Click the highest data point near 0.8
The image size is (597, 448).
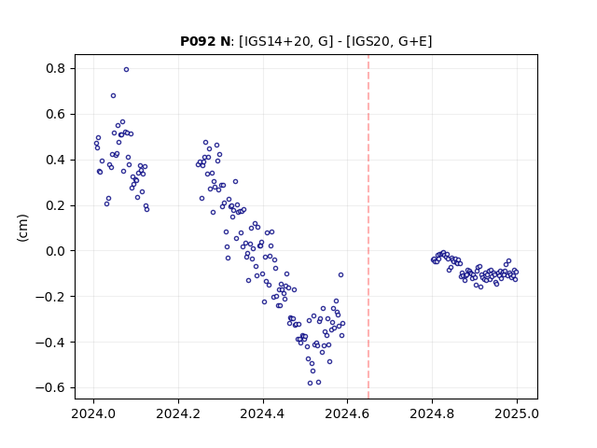[127, 69]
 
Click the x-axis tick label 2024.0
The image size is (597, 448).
[93, 413]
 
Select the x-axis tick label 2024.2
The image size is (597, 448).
[178, 413]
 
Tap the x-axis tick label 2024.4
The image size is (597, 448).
[263, 413]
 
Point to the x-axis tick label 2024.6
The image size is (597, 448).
[347, 413]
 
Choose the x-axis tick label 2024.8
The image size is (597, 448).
[432, 413]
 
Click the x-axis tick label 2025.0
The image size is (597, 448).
[517, 413]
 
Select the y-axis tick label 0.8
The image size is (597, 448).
[56, 68]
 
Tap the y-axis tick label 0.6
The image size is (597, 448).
[56, 114]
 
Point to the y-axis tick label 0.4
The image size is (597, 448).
[56, 160]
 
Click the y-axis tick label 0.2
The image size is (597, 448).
[56, 205]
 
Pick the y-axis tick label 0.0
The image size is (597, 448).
[56, 251]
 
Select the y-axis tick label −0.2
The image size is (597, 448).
[50, 297]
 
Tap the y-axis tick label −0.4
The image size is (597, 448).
[50, 343]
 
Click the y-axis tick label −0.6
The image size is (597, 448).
[50, 388]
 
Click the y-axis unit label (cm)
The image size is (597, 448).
[22, 228]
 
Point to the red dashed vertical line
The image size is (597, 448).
[368, 227]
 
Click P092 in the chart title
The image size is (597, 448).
[198, 41]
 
